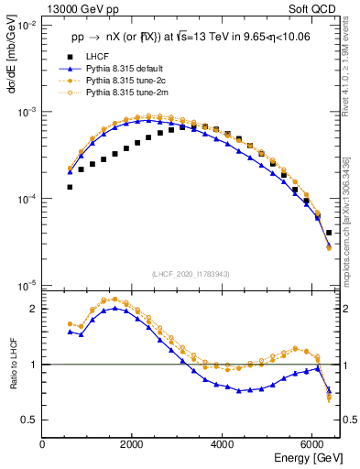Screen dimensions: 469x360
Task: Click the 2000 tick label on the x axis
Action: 133,443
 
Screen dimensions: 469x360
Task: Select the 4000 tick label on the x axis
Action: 223,443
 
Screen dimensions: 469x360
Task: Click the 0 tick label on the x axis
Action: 43,443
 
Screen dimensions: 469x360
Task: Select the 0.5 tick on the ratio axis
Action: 30,420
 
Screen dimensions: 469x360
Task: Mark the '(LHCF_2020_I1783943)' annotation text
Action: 191,274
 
